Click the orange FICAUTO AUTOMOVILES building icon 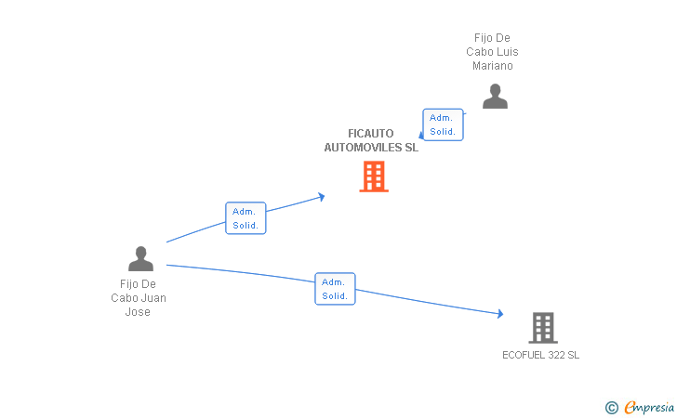374,176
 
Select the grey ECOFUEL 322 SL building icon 542,328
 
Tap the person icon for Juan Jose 140,259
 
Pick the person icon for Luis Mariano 495,97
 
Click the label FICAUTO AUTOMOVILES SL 371,140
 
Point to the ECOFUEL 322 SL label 540,355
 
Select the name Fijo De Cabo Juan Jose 139,298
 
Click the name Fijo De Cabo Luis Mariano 492,52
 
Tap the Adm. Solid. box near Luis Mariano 443,124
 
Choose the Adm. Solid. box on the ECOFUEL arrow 335,289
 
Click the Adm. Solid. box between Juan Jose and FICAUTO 246,218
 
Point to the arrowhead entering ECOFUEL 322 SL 500,315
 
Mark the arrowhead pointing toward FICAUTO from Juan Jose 321,196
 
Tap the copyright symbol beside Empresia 611,407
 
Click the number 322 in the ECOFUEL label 557,355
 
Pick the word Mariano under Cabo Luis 492,66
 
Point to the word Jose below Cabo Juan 138,312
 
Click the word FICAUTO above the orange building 371,133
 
